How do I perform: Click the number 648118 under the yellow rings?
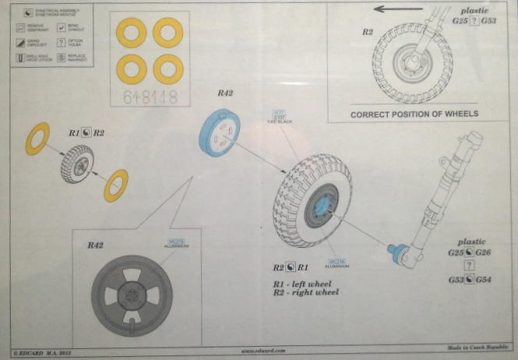pos(150,97)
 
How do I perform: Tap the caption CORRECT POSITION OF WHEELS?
pos(414,114)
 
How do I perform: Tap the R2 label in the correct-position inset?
pos(368,33)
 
